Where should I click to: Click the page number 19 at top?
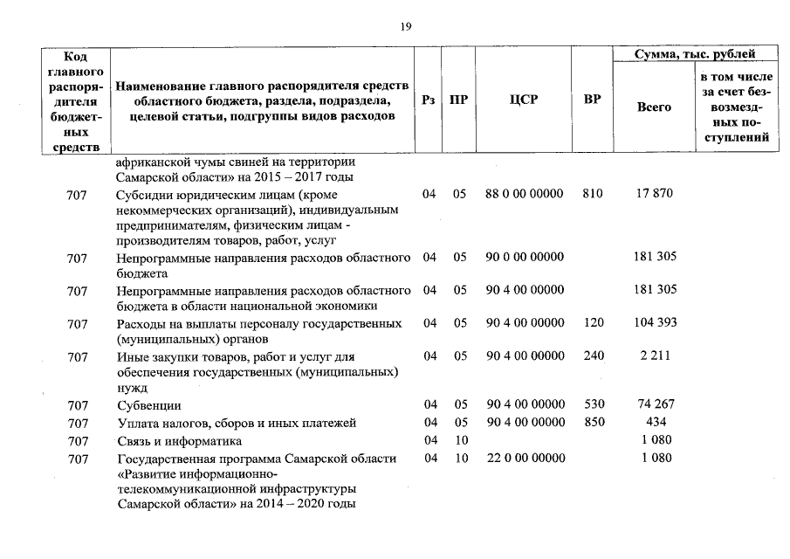[406, 26]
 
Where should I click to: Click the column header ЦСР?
[524, 100]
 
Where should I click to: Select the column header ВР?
[592, 100]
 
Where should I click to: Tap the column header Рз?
[429, 100]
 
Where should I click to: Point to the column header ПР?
[458, 100]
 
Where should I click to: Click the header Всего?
[654, 107]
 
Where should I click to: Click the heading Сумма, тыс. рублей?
[696, 55]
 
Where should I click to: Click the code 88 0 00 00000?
[524, 193]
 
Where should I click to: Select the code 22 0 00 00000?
[524, 458]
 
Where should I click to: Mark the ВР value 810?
[592, 193]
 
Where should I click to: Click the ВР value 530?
[592, 405]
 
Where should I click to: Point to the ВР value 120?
[592, 323]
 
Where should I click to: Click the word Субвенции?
[148, 406]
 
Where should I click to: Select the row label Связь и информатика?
[179, 441]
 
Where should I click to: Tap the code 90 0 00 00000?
[524, 257]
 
